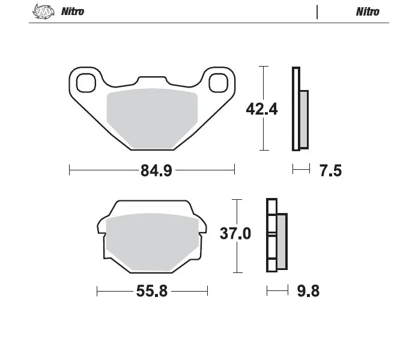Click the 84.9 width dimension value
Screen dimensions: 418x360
[x=156, y=170]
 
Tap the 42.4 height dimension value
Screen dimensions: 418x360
[x=262, y=109]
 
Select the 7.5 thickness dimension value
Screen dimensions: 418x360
[x=330, y=170]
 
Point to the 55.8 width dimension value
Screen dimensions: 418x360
[x=152, y=291]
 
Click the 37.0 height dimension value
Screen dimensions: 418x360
[x=235, y=233]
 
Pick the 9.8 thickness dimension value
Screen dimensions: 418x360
[x=308, y=291]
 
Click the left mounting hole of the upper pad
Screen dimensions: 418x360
[x=86, y=83]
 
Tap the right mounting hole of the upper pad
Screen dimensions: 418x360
[x=219, y=83]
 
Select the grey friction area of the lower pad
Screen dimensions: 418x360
[x=152, y=242]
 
